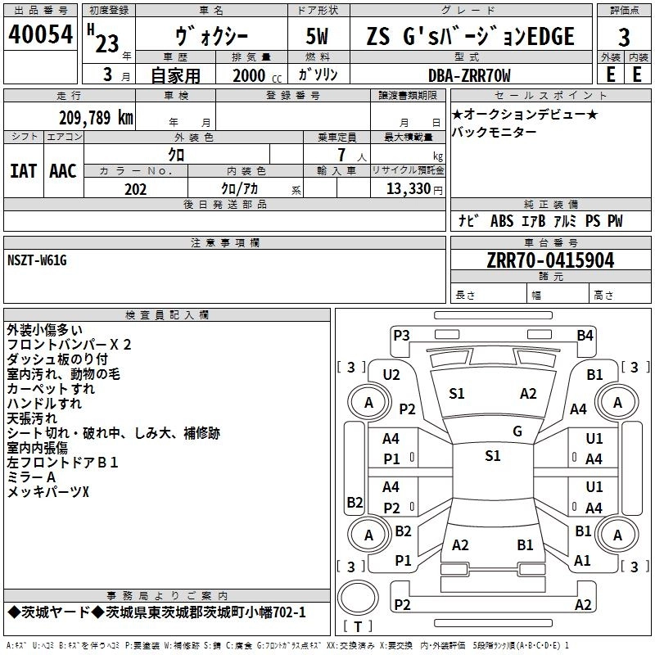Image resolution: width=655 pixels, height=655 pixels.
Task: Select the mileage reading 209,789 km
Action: pyautogui.click(x=96, y=117)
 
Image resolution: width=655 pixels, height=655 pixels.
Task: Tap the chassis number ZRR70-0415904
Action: pyautogui.click(x=550, y=261)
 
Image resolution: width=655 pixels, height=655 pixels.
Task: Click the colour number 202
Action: pyautogui.click(x=135, y=189)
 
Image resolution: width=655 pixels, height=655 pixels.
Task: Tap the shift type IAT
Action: pyautogui.click(x=24, y=170)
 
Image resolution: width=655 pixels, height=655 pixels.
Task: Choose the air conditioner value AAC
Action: pyautogui.click(x=63, y=170)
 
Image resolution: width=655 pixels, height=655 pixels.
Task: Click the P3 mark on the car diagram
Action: pyautogui.click(x=401, y=334)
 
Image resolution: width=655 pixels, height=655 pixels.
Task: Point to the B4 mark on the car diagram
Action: pyautogui.click(x=585, y=335)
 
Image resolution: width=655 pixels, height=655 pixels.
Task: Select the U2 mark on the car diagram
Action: pyautogui.click(x=391, y=374)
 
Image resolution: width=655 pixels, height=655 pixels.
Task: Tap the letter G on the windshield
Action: pyautogui.click(x=517, y=431)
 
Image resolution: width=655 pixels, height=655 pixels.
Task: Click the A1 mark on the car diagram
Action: pyautogui.click(x=582, y=561)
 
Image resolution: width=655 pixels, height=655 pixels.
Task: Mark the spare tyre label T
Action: pyautogui.click(x=358, y=627)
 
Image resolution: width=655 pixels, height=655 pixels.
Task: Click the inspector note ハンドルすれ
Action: pyautogui.click(x=44, y=404)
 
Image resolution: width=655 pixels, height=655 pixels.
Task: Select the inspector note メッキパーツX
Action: pyautogui.click(x=48, y=491)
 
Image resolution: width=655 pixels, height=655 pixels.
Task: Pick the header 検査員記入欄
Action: pyautogui.click(x=167, y=314)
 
